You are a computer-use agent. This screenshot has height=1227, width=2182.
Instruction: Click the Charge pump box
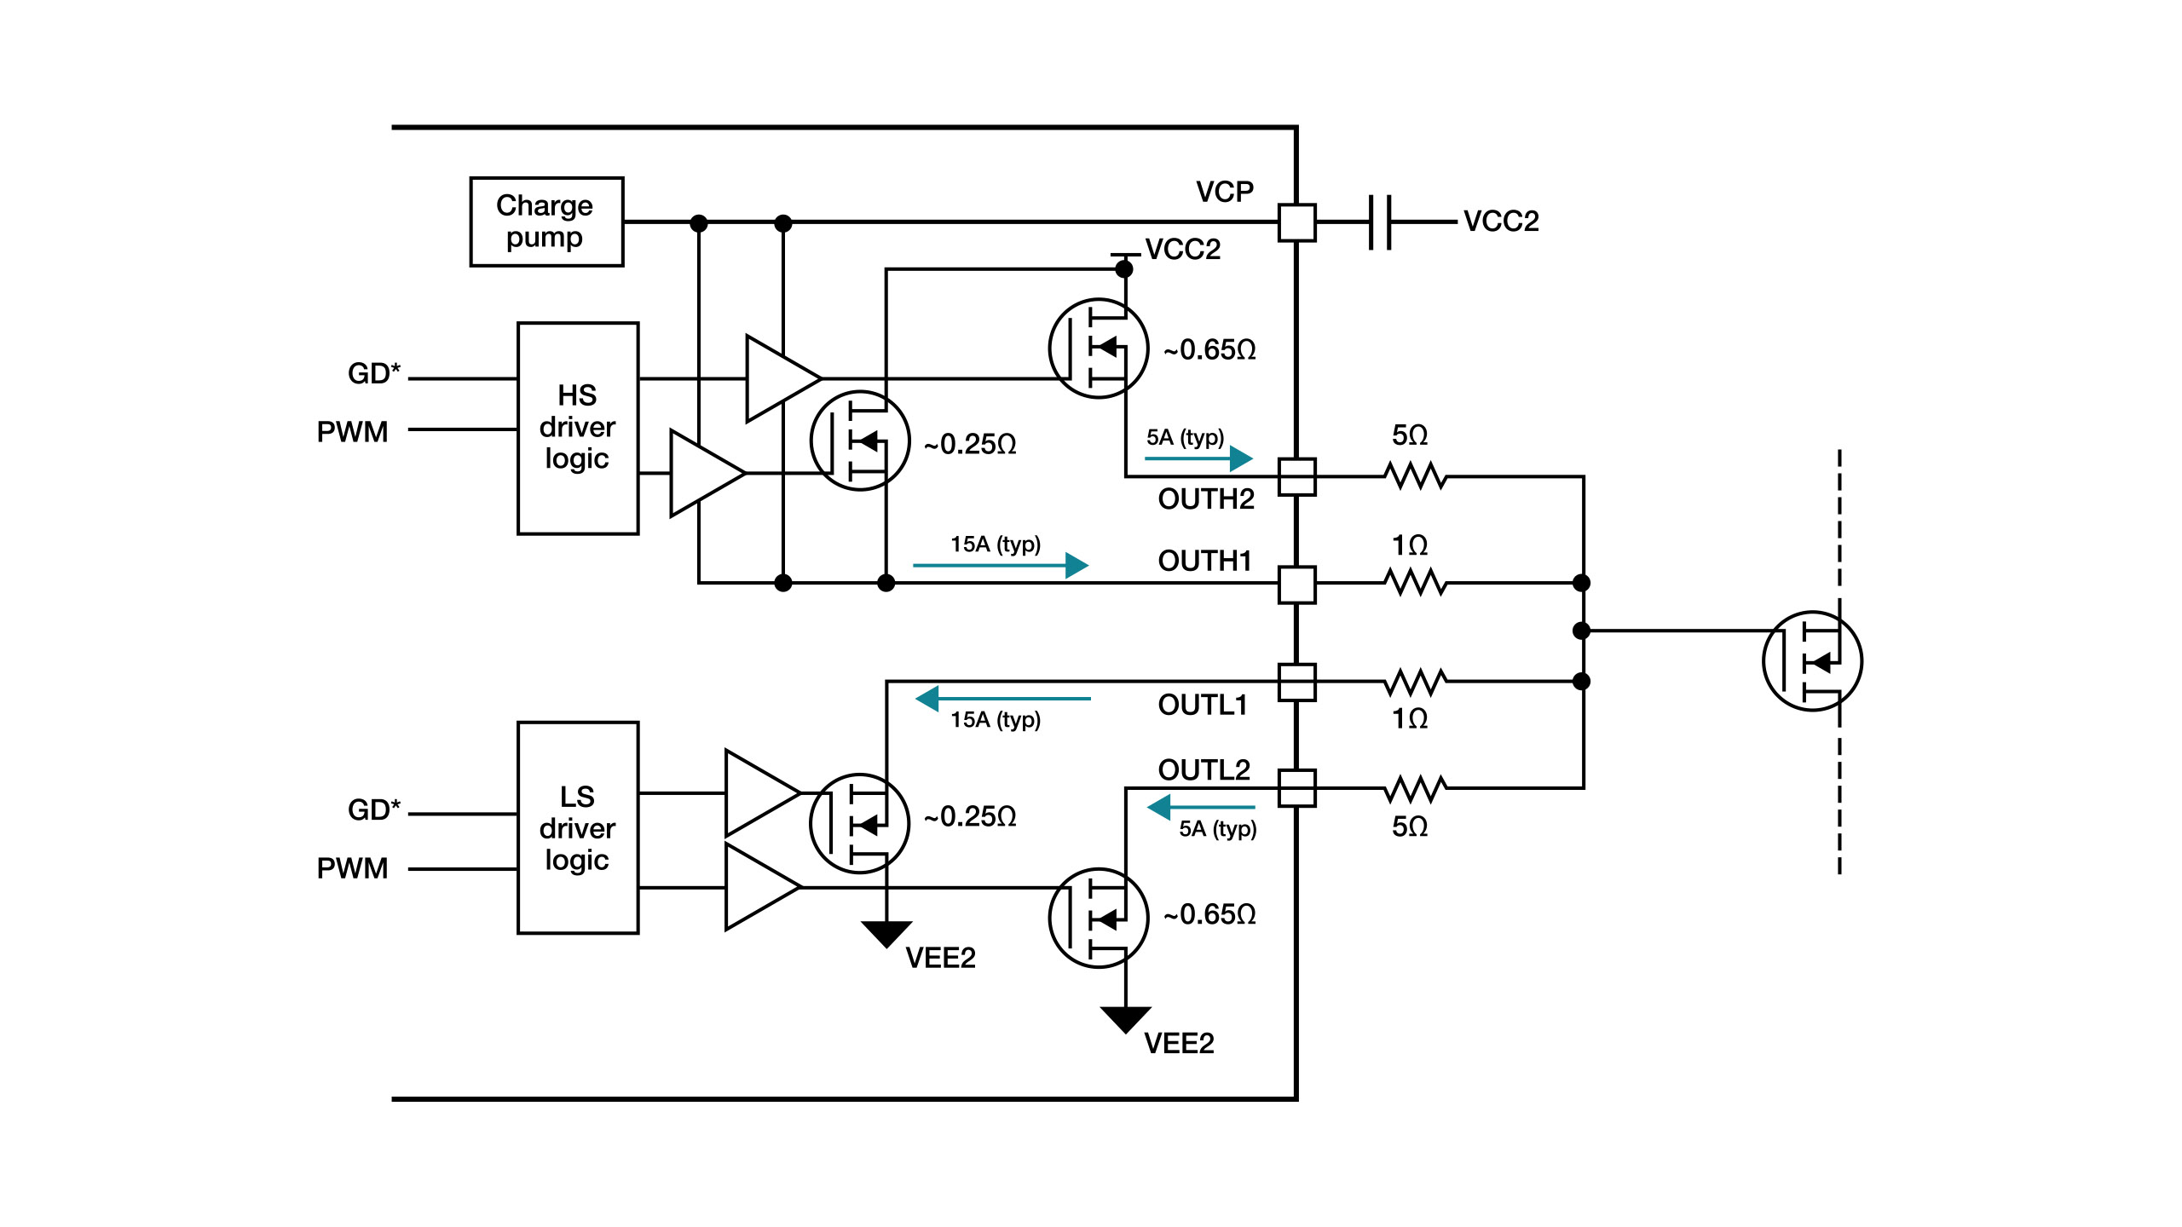click(x=546, y=222)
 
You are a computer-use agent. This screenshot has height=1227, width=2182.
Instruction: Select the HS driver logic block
click(x=578, y=428)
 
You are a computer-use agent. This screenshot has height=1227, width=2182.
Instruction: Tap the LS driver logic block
click(x=578, y=827)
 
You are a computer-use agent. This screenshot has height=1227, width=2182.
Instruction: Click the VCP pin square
click(x=1296, y=222)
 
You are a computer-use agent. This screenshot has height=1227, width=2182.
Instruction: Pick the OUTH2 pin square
click(x=1296, y=476)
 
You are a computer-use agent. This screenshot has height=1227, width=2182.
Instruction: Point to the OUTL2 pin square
click(x=1296, y=788)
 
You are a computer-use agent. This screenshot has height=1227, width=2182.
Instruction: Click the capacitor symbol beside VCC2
click(x=1380, y=222)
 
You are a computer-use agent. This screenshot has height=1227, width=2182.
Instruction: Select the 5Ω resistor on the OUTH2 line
click(x=1416, y=475)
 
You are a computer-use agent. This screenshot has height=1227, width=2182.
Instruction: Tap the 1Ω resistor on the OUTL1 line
click(x=1416, y=682)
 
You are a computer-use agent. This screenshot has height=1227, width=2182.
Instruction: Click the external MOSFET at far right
click(x=1812, y=661)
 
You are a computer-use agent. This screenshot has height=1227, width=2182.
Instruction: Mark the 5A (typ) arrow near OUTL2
click(x=1201, y=807)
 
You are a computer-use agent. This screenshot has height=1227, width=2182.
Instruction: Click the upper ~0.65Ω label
click(x=1209, y=350)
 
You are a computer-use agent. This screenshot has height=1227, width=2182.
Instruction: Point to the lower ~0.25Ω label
click(x=970, y=817)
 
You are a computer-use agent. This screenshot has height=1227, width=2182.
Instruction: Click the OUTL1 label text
click(x=1203, y=706)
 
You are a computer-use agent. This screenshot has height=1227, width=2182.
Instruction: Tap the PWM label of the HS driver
click(x=352, y=432)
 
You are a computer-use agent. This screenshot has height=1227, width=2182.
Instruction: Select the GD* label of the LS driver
click(x=373, y=809)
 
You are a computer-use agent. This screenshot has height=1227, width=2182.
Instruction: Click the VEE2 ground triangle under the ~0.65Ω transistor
click(x=1125, y=1019)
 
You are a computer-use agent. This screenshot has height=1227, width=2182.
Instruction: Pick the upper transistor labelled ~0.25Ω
click(x=859, y=441)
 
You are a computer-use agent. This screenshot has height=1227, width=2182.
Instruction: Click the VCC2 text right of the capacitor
click(x=1501, y=222)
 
